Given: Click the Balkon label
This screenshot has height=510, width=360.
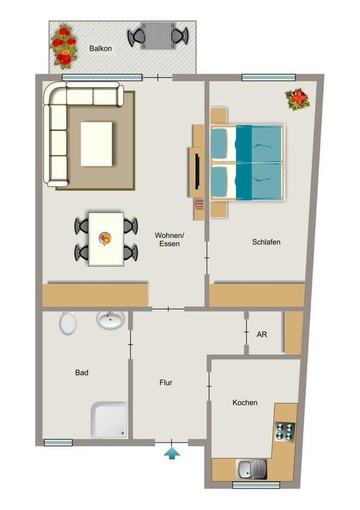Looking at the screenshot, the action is point(100,48).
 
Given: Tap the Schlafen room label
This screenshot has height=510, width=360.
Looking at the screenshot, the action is point(266,242).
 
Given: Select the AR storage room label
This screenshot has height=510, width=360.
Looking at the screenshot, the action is point(262,334).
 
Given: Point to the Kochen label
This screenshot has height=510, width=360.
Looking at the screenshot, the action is point(245,403).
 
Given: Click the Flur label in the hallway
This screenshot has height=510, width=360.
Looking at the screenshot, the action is point(166,383).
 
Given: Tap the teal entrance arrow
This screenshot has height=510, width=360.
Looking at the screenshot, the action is point(172,453).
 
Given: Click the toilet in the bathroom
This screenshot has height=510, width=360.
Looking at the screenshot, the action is point(67,322).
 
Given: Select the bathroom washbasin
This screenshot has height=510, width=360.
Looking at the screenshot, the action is point(110,319).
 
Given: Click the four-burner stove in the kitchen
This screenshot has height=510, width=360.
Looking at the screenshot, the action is point(285,431).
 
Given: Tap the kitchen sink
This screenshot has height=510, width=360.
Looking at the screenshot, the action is point(251,469).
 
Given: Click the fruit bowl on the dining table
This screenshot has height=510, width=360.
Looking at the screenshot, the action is point(105,239).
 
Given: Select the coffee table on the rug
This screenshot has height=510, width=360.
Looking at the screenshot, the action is point(96,144).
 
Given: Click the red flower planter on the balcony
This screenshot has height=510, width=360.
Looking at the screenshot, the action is point(63,47).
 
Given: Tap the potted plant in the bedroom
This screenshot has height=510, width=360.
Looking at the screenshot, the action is point(297,100).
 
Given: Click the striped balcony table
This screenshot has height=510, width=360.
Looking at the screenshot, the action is point(158,36).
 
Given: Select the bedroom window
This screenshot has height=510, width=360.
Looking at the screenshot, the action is point(269,78).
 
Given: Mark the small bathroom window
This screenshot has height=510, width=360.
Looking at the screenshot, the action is point(58,443).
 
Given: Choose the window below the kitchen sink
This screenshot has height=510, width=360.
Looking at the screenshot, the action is point(256,485).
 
